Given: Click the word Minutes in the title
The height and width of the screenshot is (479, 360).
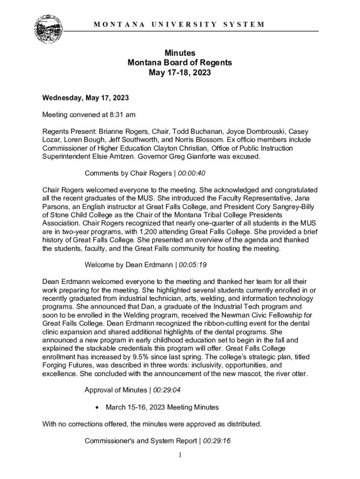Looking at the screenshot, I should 180,53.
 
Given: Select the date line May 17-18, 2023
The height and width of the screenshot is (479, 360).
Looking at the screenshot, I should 180,73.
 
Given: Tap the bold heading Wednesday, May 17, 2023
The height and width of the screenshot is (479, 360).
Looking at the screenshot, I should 86,98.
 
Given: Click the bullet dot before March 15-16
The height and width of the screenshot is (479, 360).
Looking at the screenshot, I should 97,407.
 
